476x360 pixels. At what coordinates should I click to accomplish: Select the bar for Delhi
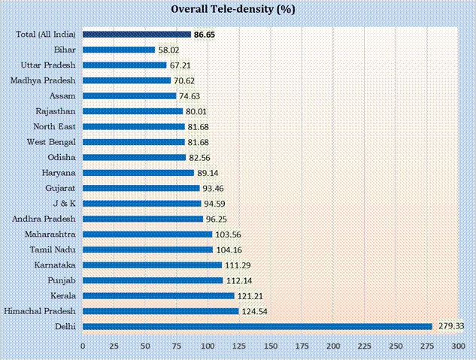click(x=257, y=326)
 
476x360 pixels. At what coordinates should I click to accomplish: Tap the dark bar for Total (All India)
click(x=136, y=34)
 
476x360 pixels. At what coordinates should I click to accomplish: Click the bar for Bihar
click(x=119, y=50)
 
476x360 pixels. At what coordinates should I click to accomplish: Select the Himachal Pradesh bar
click(x=160, y=311)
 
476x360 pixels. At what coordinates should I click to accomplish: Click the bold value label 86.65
click(x=205, y=34)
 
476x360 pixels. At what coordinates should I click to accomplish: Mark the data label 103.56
click(x=226, y=234)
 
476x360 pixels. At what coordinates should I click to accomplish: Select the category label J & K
click(x=63, y=203)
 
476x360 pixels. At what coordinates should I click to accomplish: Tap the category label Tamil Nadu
click(x=53, y=249)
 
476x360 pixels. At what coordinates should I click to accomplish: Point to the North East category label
click(x=55, y=126)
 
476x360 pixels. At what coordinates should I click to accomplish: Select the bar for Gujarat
click(x=141, y=188)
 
